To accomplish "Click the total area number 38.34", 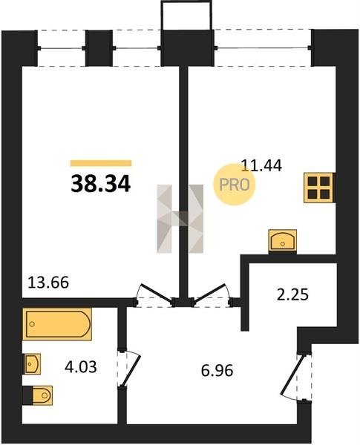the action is pos(101,184).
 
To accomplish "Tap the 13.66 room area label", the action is pos(48,283).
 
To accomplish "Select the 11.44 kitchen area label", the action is pos(261,165).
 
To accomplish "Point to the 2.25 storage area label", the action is pos(292,294).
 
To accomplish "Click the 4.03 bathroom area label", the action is pos(81,366).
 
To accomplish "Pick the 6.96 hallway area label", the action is pos(217,370).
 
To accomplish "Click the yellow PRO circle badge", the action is pos(235,185).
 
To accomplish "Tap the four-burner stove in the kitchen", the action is pos(318,188).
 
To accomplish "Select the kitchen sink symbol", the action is pos(282,240).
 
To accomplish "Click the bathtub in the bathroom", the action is pos(57,324).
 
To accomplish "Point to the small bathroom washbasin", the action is pos(31,364).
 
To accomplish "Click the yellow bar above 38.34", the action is pos(101,163).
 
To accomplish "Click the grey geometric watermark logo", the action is pos(180,219).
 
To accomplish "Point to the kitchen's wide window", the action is pos(263,47).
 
